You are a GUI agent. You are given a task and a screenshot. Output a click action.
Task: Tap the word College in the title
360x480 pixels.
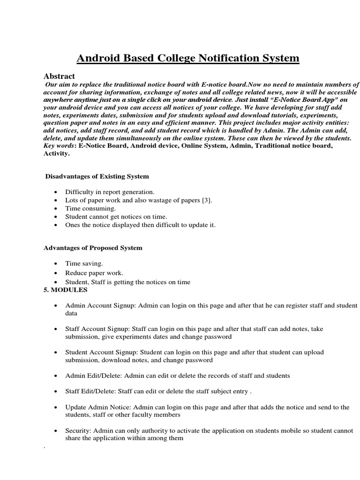pos(177,59)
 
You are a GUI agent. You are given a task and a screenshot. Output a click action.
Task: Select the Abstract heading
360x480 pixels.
pos(59,76)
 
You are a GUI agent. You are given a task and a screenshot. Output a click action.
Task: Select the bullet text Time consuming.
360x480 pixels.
pos(90,208)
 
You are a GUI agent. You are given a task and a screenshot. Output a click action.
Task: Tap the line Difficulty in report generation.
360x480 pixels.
pos(110,192)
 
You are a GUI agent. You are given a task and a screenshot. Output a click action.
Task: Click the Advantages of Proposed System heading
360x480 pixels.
pos(93,247)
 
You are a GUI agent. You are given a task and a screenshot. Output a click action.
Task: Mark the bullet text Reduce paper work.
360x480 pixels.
pos(94,273)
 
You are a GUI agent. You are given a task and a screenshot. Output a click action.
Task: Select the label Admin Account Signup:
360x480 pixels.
pos(101,305)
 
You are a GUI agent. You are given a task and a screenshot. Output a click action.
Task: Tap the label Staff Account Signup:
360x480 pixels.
pos(98,329)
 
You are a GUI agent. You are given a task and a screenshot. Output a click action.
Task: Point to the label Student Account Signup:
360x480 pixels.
pos(101,352)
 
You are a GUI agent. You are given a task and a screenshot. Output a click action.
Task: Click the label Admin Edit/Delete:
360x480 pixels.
pos(93,375)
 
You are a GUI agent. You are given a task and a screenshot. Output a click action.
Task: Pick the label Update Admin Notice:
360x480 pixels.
pos(101,407)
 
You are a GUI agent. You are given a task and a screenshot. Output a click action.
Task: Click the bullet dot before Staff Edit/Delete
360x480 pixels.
pos(56,391)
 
